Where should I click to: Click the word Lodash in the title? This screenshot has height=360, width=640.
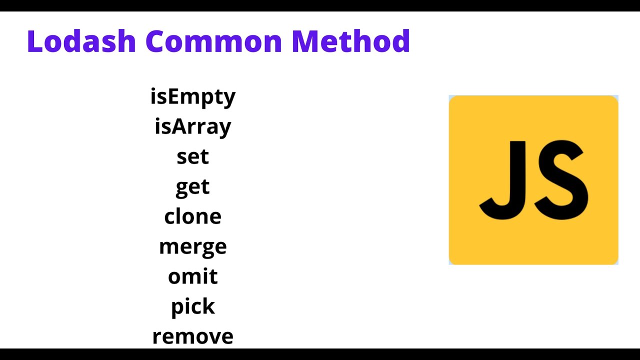pyautogui.click(x=81, y=41)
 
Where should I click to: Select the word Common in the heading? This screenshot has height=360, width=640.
pyautogui.click(x=214, y=41)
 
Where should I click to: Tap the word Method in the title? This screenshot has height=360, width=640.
pyautogui.click(x=350, y=41)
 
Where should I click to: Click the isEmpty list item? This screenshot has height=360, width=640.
pyautogui.click(x=192, y=96)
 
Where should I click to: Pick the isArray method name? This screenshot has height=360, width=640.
pyautogui.click(x=192, y=126)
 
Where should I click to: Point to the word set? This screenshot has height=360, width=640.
pyautogui.click(x=192, y=156)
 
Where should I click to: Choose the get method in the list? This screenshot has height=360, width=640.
pyautogui.click(x=192, y=187)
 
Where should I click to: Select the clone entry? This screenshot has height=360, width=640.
pyautogui.click(x=192, y=216)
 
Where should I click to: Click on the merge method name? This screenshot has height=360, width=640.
pyautogui.click(x=192, y=247)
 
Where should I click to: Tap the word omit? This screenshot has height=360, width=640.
pyautogui.click(x=192, y=276)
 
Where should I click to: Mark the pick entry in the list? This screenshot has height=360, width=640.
pyautogui.click(x=192, y=306)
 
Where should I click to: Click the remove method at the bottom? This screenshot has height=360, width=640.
pyautogui.click(x=192, y=336)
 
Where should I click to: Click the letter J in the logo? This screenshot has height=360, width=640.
pyautogui.click(x=505, y=180)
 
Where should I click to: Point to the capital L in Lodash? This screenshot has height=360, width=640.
pyautogui.click(x=35, y=41)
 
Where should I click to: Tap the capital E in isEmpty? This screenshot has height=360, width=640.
pyautogui.click(x=173, y=96)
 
